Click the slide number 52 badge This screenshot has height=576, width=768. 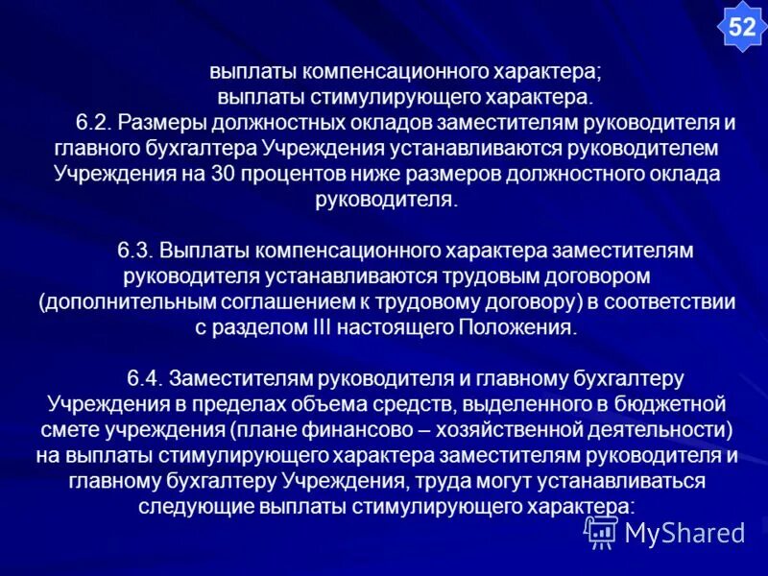742,27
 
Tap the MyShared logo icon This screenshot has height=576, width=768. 602,531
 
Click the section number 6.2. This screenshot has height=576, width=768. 94,124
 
